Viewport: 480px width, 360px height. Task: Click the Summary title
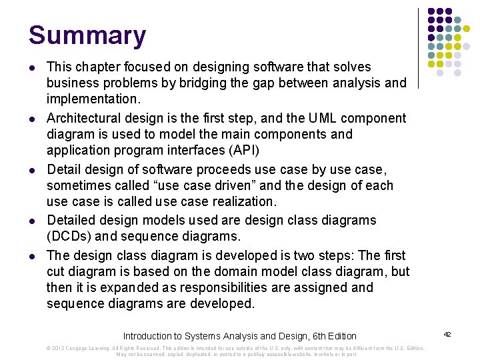87,35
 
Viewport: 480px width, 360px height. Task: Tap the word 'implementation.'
93,99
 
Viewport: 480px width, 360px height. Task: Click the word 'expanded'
123,287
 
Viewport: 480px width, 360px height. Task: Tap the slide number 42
447,333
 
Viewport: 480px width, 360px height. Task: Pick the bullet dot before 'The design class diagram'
33,256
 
